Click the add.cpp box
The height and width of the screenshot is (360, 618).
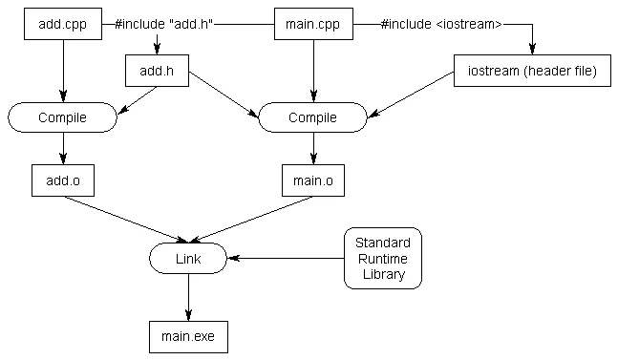point(62,23)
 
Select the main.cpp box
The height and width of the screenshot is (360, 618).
point(313,23)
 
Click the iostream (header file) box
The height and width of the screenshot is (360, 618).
point(531,71)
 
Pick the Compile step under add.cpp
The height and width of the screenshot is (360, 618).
point(62,117)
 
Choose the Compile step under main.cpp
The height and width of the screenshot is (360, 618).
point(313,117)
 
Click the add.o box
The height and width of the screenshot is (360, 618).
point(62,180)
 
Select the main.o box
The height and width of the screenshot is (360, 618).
point(313,180)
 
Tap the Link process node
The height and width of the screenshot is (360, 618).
point(188,258)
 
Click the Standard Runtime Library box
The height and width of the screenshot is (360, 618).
point(382,258)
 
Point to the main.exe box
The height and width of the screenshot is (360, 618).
point(188,337)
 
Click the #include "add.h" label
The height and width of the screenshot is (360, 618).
point(161,23)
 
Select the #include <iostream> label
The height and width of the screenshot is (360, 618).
point(441,23)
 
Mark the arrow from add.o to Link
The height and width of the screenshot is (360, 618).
point(124,218)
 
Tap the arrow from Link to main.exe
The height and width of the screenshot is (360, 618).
point(188,297)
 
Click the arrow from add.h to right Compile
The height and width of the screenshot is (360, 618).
point(224,95)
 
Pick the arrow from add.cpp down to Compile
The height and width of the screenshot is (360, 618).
point(62,71)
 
